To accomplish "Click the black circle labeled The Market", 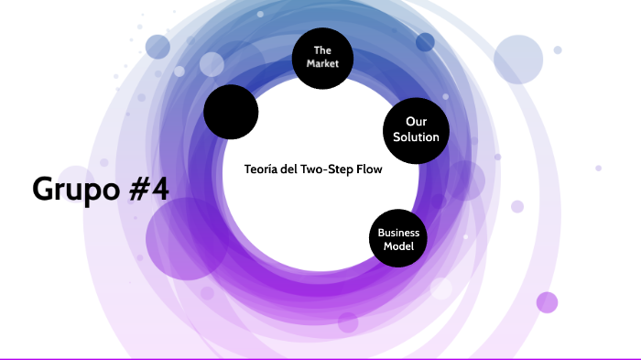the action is click(321, 57).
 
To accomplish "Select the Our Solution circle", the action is click(409, 129).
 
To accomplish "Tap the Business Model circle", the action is click(398, 239).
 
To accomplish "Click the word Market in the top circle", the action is click(321, 64).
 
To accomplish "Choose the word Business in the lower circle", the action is click(398, 233).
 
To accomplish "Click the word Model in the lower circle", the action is click(398, 246).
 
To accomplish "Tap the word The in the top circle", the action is click(321, 49).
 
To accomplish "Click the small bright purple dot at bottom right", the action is click(547, 302).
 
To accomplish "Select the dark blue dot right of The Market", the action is click(425, 42).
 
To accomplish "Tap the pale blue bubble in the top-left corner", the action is click(158, 46).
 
